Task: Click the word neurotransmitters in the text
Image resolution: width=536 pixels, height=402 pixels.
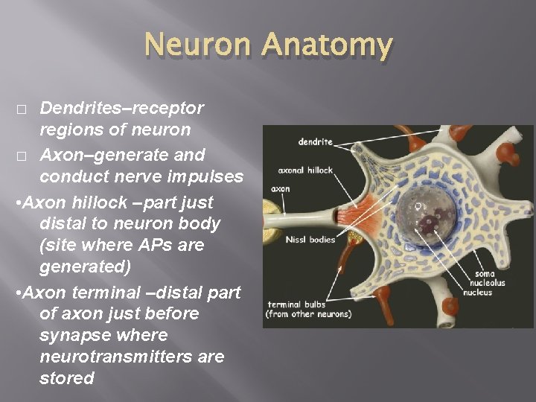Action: [132, 357]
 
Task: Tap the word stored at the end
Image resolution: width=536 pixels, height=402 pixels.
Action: [67, 378]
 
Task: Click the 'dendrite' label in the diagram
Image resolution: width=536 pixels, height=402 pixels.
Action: [315, 140]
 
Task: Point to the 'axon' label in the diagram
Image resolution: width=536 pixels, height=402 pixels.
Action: [281, 189]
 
